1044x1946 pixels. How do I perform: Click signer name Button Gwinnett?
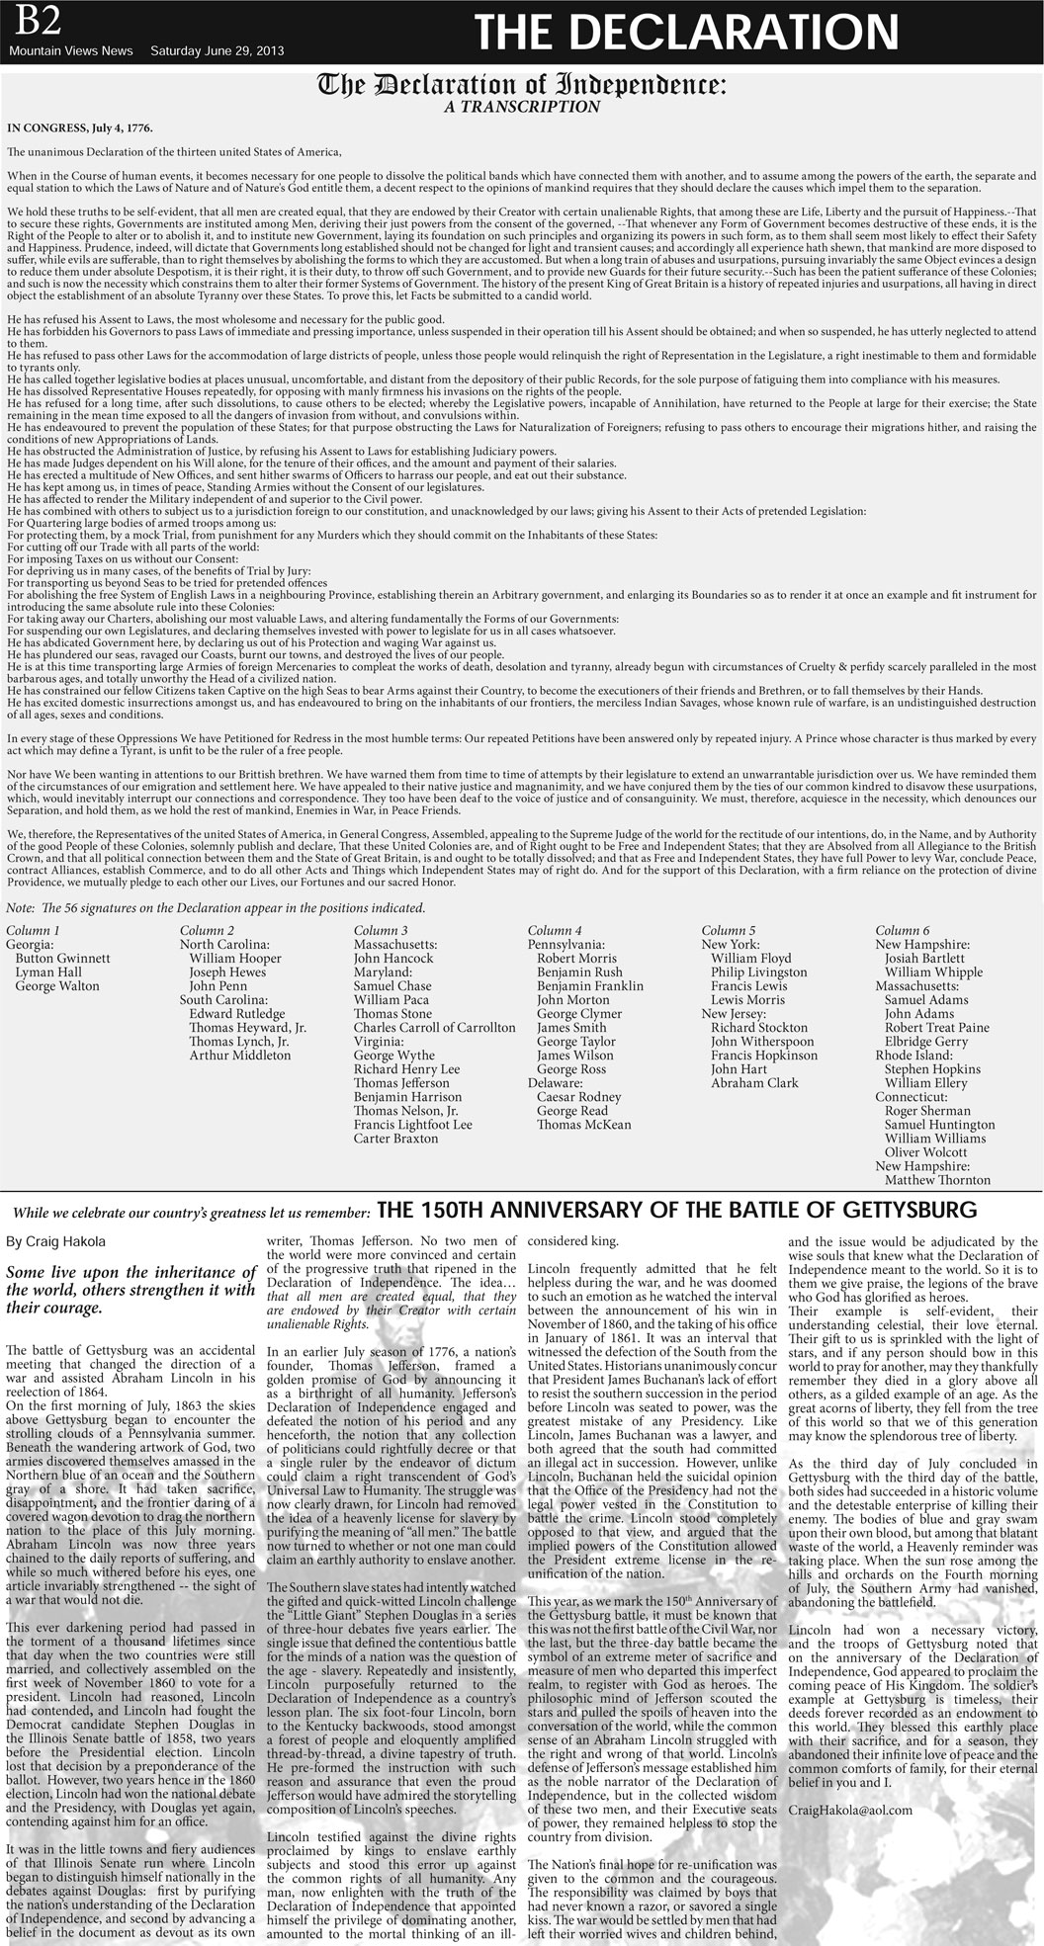click(62, 958)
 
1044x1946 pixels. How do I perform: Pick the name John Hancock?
click(393, 958)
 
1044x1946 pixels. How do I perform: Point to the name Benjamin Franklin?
click(589, 985)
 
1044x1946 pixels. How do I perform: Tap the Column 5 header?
click(729, 930)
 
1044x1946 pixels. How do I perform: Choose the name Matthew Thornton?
click(936, 1179)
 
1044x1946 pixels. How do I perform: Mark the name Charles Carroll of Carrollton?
click(434, 1027)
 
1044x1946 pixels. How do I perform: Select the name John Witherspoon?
click(762, 1041)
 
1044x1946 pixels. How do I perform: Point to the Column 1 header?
click(33, 930)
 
